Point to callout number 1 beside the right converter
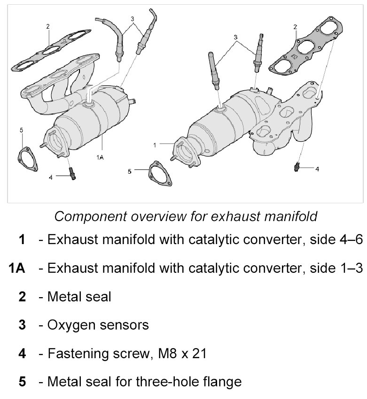coord(156,145)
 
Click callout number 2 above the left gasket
coord(48,27)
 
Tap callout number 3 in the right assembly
coord(235,36)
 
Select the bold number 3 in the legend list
coord(22,324)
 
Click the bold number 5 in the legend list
coord(22,381)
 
